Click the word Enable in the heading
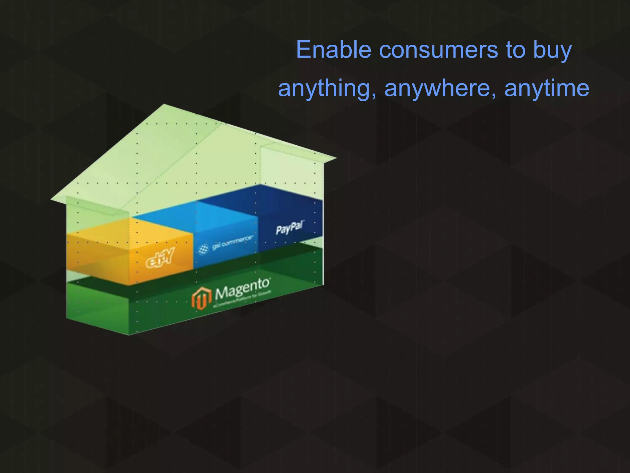(333, 50)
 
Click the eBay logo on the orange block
(159, 258)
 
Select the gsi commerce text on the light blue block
(233, 242)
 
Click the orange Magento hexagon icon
(201, 298)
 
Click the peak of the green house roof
(164, 105)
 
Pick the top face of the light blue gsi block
(194, 212)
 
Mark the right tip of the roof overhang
(336, 159)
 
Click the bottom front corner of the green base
(129, 334)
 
